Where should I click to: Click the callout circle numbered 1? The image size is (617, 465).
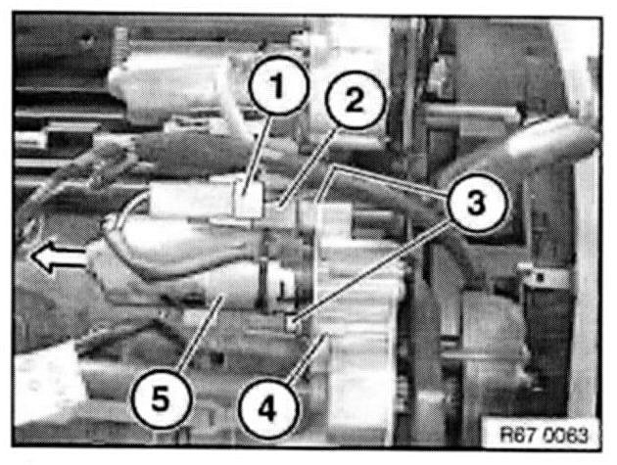click(x=278, y=85)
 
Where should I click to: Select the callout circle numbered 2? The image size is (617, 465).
click(x=355, y=100)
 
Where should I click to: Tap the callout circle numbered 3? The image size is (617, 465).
click(x=476, y=204)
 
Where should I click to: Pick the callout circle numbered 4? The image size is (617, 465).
click(x=267, y=410)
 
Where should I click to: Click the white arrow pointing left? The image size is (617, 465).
click(x=58, y=257)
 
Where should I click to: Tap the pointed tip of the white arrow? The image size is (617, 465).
click(x=30, y=256)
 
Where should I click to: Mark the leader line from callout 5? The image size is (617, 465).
click(x=201, y=334)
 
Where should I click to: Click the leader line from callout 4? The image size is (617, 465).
click(x=307, y=357)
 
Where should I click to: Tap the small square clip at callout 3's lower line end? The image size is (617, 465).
click(x=293, y=323)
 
